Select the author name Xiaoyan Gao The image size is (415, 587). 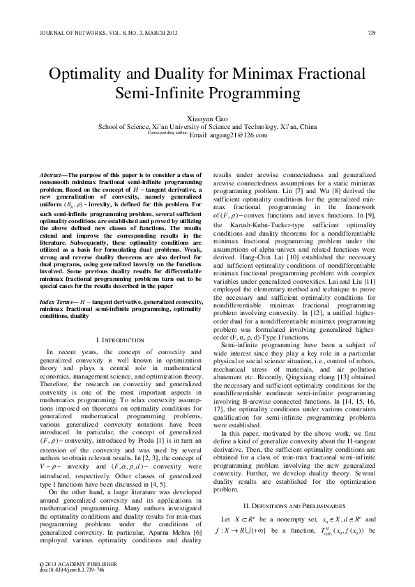click(206, 119)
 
